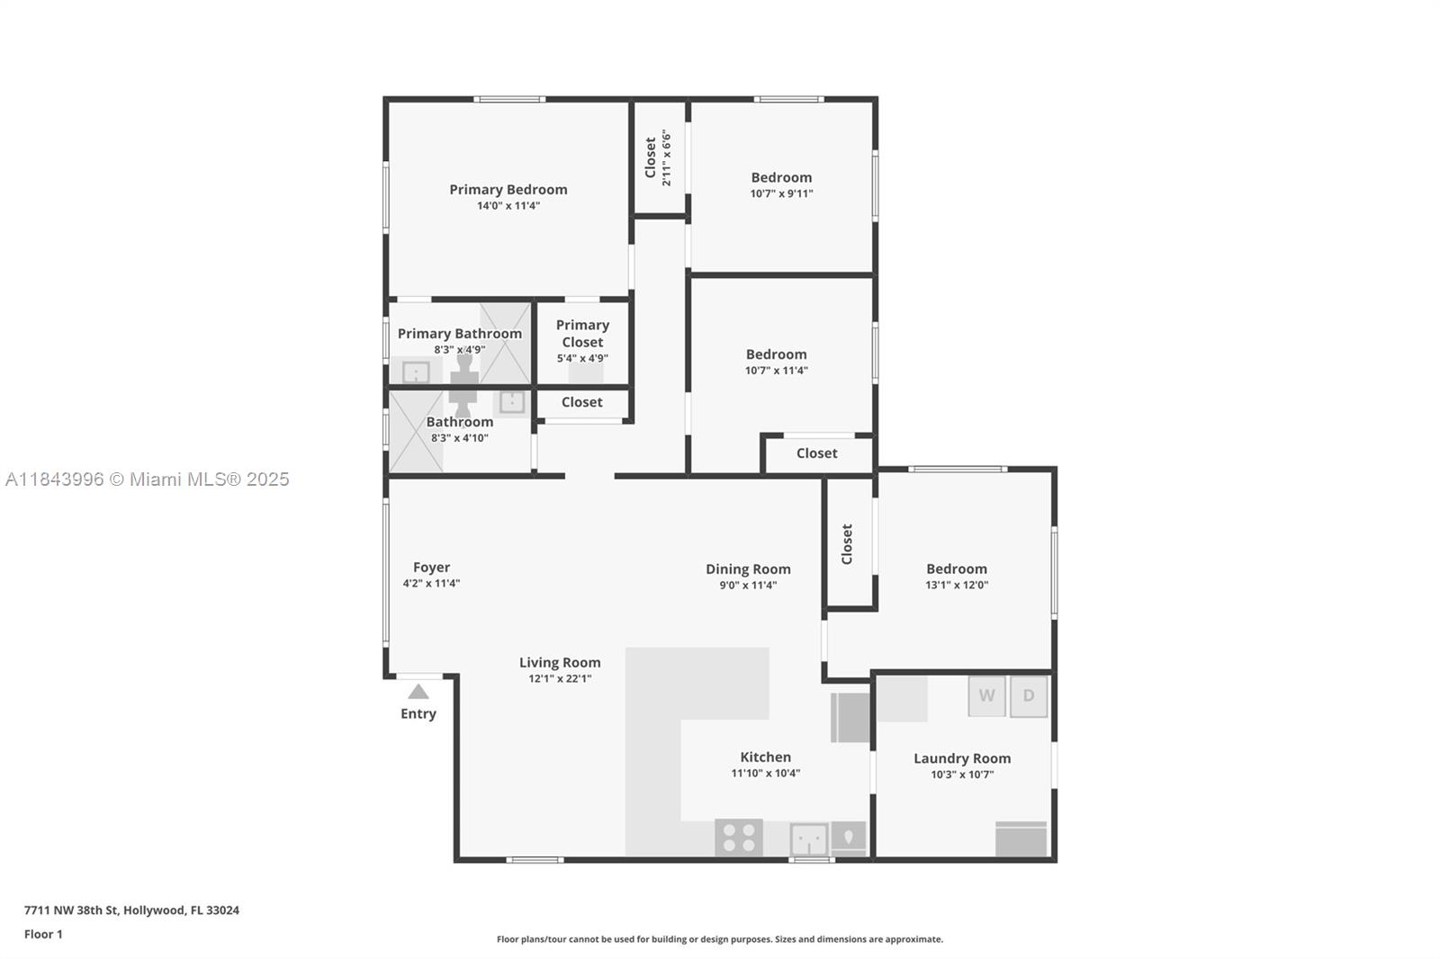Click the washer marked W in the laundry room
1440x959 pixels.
coord(986,696)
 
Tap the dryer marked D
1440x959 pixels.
coord(1029,696)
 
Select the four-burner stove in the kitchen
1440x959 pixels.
coord(739,838)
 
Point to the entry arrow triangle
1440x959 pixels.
coord(418,692)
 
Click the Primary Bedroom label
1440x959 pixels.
coord(508,190)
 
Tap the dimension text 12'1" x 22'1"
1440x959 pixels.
coord(560,678)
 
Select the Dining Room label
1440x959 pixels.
coord(748,569)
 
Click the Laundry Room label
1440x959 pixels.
coord(962,758)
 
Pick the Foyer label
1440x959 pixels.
coord(431,568)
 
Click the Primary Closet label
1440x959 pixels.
coord(582,334)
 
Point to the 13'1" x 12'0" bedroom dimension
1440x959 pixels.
coord(957,585)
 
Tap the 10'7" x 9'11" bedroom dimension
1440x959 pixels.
coord(782,193)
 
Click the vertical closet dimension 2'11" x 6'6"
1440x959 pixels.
coord(667,158)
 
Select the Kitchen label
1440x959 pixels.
coord(766,757)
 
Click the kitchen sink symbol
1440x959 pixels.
coord(809,839)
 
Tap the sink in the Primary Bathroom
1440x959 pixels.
coord(416,372)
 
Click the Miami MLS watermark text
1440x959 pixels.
coord(148,479)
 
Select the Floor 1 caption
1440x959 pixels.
coord(43,935)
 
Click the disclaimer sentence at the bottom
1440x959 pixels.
coord(720,939)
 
